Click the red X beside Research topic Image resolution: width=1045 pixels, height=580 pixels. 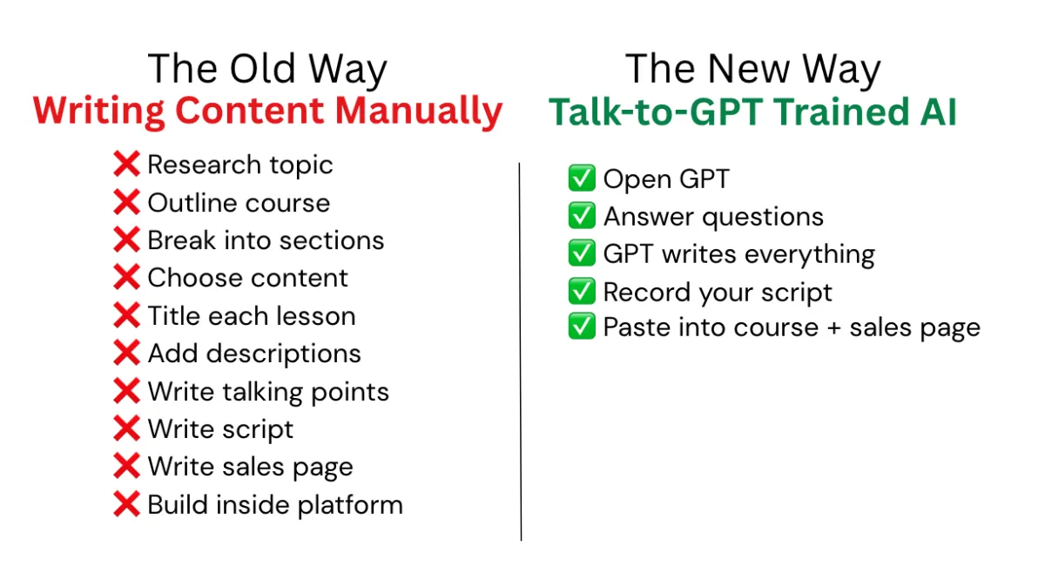126,164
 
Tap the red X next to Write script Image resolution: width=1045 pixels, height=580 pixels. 126,428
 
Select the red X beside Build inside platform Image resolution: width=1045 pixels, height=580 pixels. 126,503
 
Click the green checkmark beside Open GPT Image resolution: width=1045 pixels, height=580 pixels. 582,178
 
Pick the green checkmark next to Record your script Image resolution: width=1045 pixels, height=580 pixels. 582,291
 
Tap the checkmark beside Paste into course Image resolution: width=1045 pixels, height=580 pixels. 582,326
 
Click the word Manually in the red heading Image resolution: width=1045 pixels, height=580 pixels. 419,112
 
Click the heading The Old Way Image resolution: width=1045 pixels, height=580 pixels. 267,69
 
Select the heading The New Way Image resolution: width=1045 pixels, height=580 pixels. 752,69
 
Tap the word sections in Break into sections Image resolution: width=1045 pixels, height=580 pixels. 332,240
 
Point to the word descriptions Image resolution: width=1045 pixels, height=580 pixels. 284,354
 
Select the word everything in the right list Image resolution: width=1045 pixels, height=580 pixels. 809,255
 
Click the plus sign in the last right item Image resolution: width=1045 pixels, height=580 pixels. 834,327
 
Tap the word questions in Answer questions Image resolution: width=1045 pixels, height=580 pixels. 763,218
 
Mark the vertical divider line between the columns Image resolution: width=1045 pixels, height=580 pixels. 520,351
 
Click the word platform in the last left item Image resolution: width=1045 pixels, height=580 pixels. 350,505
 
